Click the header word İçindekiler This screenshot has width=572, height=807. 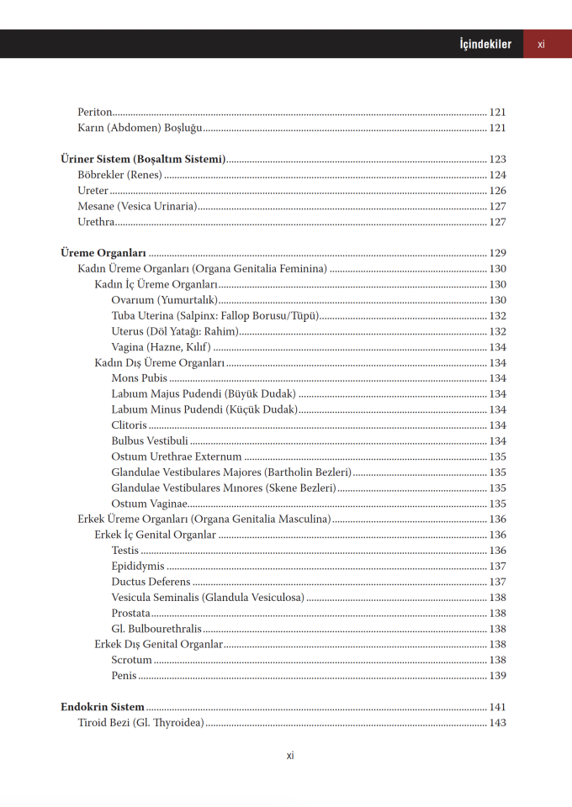485,45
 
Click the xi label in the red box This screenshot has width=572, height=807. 541,45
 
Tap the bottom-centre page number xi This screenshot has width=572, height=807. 290,755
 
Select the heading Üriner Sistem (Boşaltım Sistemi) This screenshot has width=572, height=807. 143,160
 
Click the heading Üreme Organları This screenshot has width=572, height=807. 103,253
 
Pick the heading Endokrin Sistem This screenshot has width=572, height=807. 103,707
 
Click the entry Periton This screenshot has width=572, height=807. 94,112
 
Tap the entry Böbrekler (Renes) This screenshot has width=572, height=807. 119,176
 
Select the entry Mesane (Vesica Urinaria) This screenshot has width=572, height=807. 137,207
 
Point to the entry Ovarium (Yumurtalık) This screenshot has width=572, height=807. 164,300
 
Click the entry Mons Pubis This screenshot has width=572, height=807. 139,378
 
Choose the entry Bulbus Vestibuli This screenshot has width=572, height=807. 150,441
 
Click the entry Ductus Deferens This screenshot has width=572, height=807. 151,582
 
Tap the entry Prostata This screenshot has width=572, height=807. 131,614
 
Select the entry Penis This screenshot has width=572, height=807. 124,676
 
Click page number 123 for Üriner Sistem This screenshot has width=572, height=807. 497,160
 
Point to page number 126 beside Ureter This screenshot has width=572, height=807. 497,191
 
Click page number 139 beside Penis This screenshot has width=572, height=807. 497,676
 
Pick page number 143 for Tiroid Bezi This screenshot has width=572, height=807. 497,723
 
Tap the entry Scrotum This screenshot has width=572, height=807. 131,661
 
